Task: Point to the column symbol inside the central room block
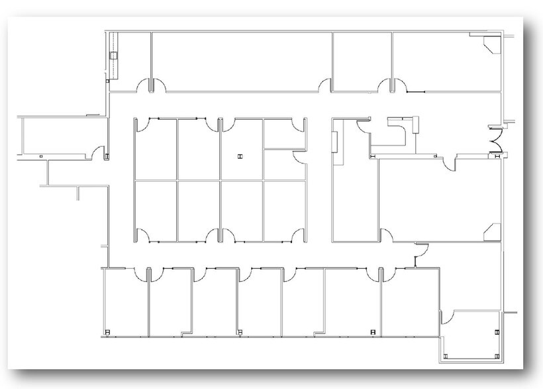tap(239, 157)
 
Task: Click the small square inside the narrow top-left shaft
tap(113, 56)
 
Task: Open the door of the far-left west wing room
tap(104, 153)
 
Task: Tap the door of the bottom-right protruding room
tap(446, 318)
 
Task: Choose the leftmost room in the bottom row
tap(124, 301)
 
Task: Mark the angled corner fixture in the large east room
tap(490, 230)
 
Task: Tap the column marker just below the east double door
tap(494, 156)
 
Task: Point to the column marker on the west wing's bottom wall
tap(41, 156)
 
